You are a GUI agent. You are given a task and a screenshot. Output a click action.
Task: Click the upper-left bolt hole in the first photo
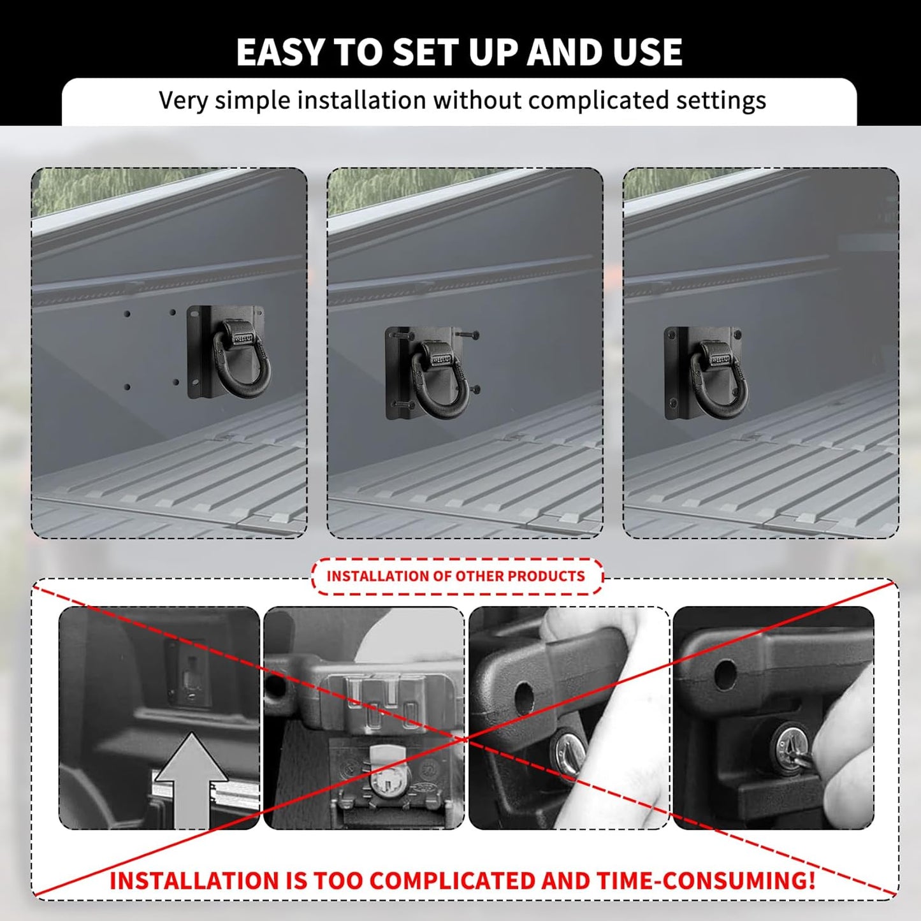coord(127,314)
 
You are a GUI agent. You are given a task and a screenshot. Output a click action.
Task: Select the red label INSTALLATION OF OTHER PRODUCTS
coord(456,576)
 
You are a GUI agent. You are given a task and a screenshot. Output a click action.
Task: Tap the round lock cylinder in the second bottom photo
coord(385,781)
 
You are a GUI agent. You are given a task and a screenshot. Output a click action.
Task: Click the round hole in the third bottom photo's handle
coord(524,698)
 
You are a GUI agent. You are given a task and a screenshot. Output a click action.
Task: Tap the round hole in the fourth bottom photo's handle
coord(725,675)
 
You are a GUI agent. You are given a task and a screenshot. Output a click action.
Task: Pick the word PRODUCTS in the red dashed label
coord(546,576)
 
